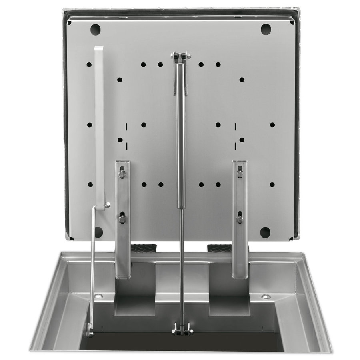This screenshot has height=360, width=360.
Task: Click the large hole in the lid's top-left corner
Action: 95,29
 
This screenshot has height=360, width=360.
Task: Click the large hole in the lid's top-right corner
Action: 266,29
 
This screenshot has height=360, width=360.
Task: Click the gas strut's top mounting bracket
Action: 181,56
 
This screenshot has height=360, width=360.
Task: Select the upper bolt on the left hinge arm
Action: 122,173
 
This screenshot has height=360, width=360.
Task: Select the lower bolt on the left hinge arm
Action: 122,219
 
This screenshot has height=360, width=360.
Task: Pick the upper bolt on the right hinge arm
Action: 240,174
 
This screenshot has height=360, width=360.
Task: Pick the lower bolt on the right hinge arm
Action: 240,219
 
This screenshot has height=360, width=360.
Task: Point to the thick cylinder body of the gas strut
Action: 181,136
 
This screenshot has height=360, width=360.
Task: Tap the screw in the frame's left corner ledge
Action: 98,296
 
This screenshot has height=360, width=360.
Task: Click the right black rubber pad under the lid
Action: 219,248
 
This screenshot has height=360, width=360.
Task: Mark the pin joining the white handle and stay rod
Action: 107,206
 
